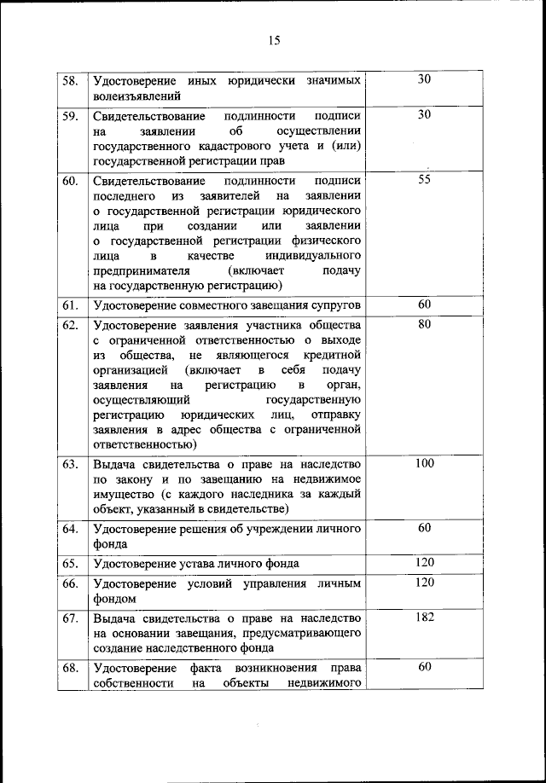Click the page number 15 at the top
[x=273, y=39]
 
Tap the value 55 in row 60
[x=425, y=180]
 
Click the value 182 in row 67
[x=425, y=617]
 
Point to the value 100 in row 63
[x=425, y=463]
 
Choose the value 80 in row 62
[x=425, y=324]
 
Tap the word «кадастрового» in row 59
[x=217, y=145]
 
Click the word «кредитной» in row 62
[x=333, y=355]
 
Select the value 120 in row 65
[x=425, y=562]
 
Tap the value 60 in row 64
[x=425, y=529]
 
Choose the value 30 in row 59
[x=425, y=113]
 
